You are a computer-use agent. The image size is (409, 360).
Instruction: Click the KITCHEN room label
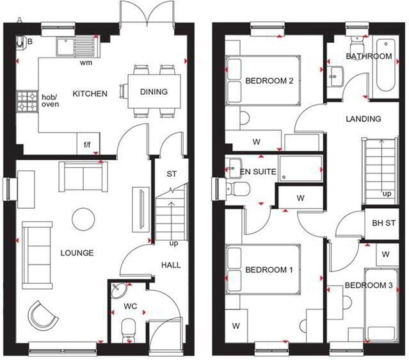click(x=90, y=94)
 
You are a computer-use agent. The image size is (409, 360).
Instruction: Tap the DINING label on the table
click(x=154, y=92)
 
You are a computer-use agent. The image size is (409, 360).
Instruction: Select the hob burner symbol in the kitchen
click(x=27, y=101)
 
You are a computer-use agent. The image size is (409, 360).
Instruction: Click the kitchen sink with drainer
click(x=77, y=47)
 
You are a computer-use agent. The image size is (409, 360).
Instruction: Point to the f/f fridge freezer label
click(x=88, y=144)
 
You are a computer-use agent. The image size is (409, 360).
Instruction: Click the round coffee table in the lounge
click(x=83, y=219)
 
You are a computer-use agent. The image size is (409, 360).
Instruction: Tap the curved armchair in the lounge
click(x=42, y=315)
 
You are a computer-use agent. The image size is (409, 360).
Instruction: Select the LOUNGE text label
click(x=77, y=253)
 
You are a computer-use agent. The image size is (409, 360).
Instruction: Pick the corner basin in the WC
click(x=118, y=290)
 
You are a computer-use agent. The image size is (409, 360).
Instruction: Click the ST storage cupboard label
click(x=172, y=174)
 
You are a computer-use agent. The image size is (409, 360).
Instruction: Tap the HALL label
click(x=171, y=265)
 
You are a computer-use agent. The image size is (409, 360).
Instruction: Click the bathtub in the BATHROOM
click(x=386, y=65)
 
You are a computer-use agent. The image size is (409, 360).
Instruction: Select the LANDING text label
click(x=364, y=119)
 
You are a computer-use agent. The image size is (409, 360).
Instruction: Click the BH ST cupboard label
click(x=383, y=223)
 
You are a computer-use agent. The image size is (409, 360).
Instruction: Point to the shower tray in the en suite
click(x=300, y=168)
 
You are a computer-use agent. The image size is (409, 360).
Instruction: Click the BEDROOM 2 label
click(x=269, y=81)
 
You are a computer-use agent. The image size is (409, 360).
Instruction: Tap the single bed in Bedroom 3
click(x=381, y=305)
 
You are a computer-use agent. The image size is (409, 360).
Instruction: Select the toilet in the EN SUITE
click(x=238, y=188)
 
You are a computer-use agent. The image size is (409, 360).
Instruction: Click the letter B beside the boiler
click(x=30, y=42)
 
